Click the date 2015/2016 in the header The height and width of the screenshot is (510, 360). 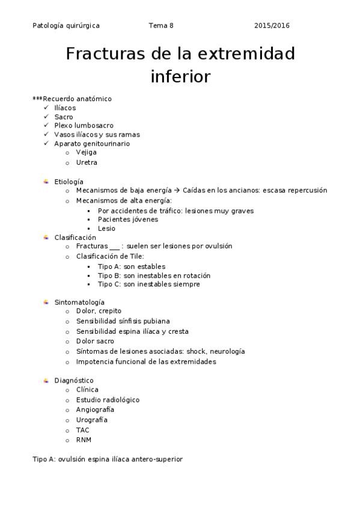pyautogui.click(x=272, y=26)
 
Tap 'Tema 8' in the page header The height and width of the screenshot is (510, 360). pyautogui.click(x=160, y=26)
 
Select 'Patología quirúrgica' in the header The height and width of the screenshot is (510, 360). pyautogui.click(x=66, y=26)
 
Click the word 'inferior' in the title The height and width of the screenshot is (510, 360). pyautogui.click(x=180, y=77)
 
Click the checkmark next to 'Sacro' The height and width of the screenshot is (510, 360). pyautogui.click(x=46, y=117)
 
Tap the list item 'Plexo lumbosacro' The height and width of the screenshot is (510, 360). pyautogui.click(x=84, y=126)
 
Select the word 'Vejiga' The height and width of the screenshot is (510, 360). pyautogui.click(x=86, y=153)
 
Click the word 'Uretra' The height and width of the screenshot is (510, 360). pyautogui.click(x=87, y=162)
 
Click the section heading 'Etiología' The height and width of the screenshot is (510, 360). pyautogui.click(x=69, y=182)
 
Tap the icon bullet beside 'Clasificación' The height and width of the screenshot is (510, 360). pyautogui.click(x=46, y=238)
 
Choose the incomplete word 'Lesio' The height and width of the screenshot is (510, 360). pyautogui.click(x=106, y=229)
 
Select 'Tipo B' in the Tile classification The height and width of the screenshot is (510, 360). pyautogui.click(x=109, y=275)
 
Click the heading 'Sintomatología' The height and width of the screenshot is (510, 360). pyautogui.click(x=79, y=302)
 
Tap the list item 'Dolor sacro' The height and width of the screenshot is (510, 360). pyautogui.click(x=95, y=342)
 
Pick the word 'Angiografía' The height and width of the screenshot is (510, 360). pyautogui.click(x=95, y=410)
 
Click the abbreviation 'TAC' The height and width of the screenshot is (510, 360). pyautogui.click(x=83, y=430)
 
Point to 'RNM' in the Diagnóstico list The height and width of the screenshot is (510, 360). pyautogui.click(x=84, y=440)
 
